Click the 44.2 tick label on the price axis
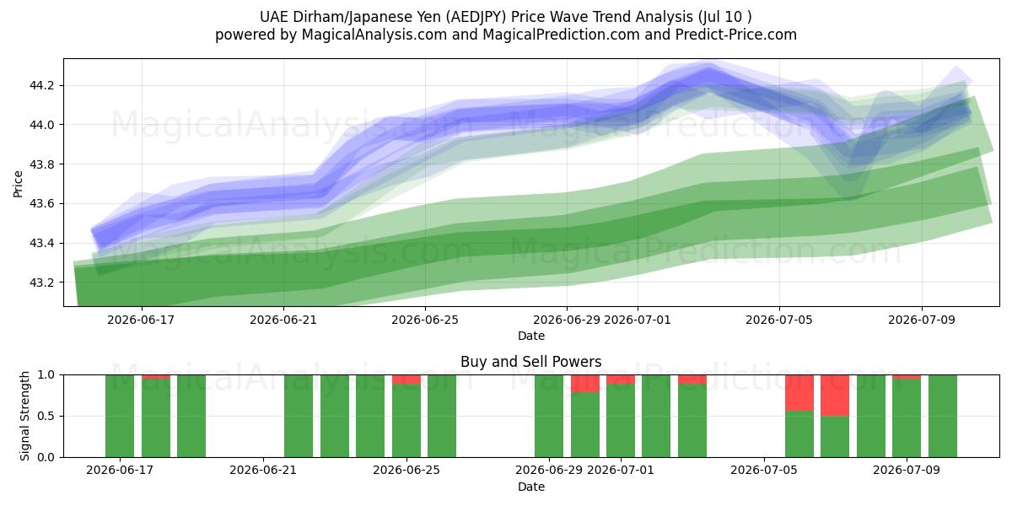pyautogui.click(x=41, y=85)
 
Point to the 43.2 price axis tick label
pyautogui.click(x=41, y=283)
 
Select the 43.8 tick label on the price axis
pyautogui.click(x=41, y=164)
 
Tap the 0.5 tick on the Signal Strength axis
pyautogui.click(x=46, y=416)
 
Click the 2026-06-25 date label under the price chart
pyautogui.click(x=425, y=320)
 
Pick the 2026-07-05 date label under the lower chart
pyautogui.click(x=764, y=470)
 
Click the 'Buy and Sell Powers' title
pyautogui.click(x=530, y=362)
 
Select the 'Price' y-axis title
pyautogui.click(x=18, y=184)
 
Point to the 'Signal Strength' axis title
pyautogui.click(x=24, y=416)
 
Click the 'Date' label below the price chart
pyautogui.click(x=530, y=336)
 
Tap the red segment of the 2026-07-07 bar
pyautogui.click(x=835, y=396)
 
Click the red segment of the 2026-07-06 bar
pyautogui.click(x=799, y=393)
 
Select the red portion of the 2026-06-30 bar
pyautogui.click(x=585, y=384)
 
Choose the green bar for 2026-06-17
pyautogui.click(x=120, y=416)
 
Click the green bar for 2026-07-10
pyautogui.click(x=943, y=416)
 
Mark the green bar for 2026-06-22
pyautogui.click(x=299, y=416)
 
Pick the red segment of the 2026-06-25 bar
pyautogui.click(x=406, y=379)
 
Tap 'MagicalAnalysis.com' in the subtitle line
pyautogui.click(x=374, y=35)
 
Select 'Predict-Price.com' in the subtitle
pyautogui.click(x=736, y=35)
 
